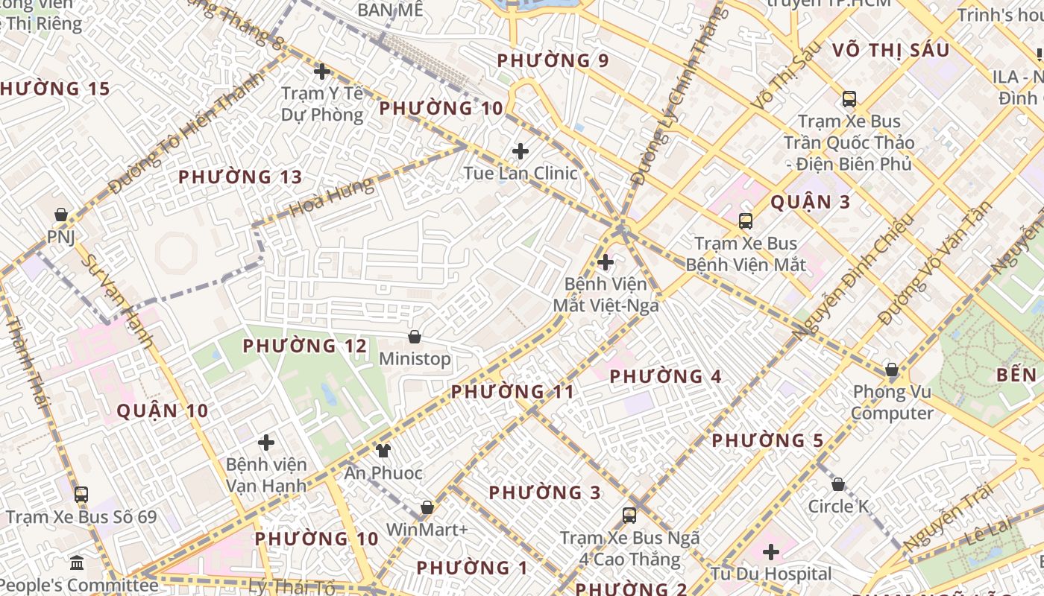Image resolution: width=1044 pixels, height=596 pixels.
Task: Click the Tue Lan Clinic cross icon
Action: tap(521, 152)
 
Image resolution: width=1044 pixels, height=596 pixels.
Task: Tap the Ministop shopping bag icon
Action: tap(415, 337)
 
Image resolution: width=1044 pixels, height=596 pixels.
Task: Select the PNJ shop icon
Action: tap(61, 215)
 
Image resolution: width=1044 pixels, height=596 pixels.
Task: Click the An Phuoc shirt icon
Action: tap(383, 450)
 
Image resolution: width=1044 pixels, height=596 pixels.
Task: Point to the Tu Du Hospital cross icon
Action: tap(771, 552)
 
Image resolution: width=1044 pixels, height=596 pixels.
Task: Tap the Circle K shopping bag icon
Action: tap(838, 484)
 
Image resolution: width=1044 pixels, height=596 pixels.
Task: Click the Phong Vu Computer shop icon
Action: tap(891, 370)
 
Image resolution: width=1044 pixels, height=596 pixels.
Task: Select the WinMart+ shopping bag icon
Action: tap(427, 507)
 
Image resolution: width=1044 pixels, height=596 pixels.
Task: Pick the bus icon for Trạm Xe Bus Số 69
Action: tap(81, 494)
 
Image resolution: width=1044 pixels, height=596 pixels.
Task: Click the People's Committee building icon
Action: tap(77, 562)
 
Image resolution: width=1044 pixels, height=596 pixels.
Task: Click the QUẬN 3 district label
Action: tap(811, 202)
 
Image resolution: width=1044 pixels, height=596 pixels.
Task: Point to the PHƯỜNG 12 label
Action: tap(305, 346)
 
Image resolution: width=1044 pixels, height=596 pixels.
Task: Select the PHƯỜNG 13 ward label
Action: tap(240, 177)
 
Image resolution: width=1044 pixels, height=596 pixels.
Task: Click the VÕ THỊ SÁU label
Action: tap(890, 50)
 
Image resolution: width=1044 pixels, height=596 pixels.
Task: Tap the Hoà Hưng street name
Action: tap(333, 197)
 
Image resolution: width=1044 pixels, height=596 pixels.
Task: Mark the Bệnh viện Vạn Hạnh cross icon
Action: tap(266, 443)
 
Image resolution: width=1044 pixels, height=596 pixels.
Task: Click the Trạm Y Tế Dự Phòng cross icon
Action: tap(322, 72)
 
